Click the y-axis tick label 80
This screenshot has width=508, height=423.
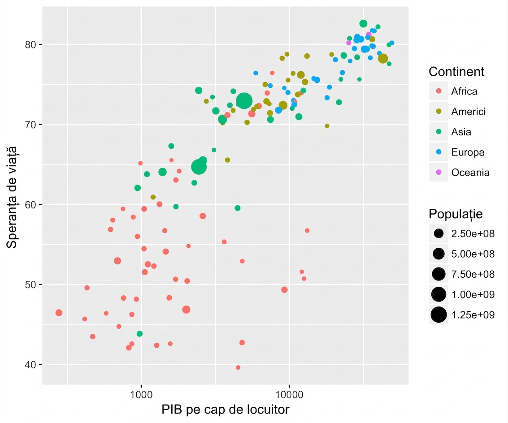30,44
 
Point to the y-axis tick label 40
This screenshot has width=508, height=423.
30,365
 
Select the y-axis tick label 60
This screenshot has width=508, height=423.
30,205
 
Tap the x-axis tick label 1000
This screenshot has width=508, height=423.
141,394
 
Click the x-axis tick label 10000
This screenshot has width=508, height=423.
289,394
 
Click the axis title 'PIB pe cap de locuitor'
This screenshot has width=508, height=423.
226,410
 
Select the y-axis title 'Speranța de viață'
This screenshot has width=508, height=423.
11,197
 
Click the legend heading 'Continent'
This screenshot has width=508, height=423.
456,72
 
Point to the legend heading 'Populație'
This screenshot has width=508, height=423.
456,214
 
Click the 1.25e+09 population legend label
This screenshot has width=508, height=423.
473,315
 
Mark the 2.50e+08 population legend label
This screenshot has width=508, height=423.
473,233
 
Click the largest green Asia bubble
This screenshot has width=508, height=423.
244,101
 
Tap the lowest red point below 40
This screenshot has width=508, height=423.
238,367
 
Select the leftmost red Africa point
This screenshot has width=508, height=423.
59,313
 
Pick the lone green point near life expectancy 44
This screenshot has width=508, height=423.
139,334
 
